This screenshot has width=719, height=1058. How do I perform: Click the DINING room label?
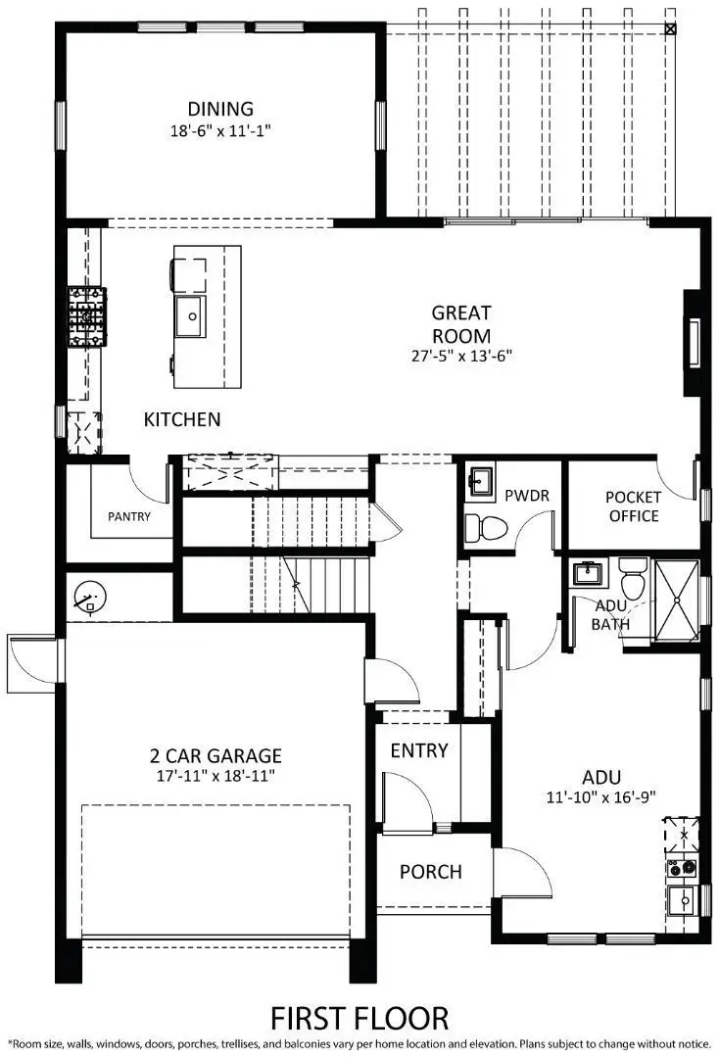[220, 109]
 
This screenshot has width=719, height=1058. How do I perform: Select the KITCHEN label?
[182, 419]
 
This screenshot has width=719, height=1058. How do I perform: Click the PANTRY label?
[129, 516]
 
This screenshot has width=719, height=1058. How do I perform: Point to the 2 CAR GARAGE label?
[216, 756]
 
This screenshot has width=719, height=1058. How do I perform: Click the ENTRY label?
[419, 751]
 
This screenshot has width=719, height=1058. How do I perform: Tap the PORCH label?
[430, 872]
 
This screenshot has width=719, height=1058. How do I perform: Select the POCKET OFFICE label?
[634, 505]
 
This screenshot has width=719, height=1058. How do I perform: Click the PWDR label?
[526, 496]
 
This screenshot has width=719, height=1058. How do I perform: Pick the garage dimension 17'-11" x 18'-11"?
[216, 776]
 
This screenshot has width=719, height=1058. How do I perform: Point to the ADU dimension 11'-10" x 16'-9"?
[599, 796]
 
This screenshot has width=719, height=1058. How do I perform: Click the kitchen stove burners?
[86, 316]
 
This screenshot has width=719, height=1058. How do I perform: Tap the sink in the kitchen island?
[189, 314]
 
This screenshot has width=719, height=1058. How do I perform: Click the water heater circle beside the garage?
[90, 596]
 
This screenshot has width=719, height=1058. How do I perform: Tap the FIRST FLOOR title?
[359, 1017]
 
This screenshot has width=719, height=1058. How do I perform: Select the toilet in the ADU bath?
[633, 580]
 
